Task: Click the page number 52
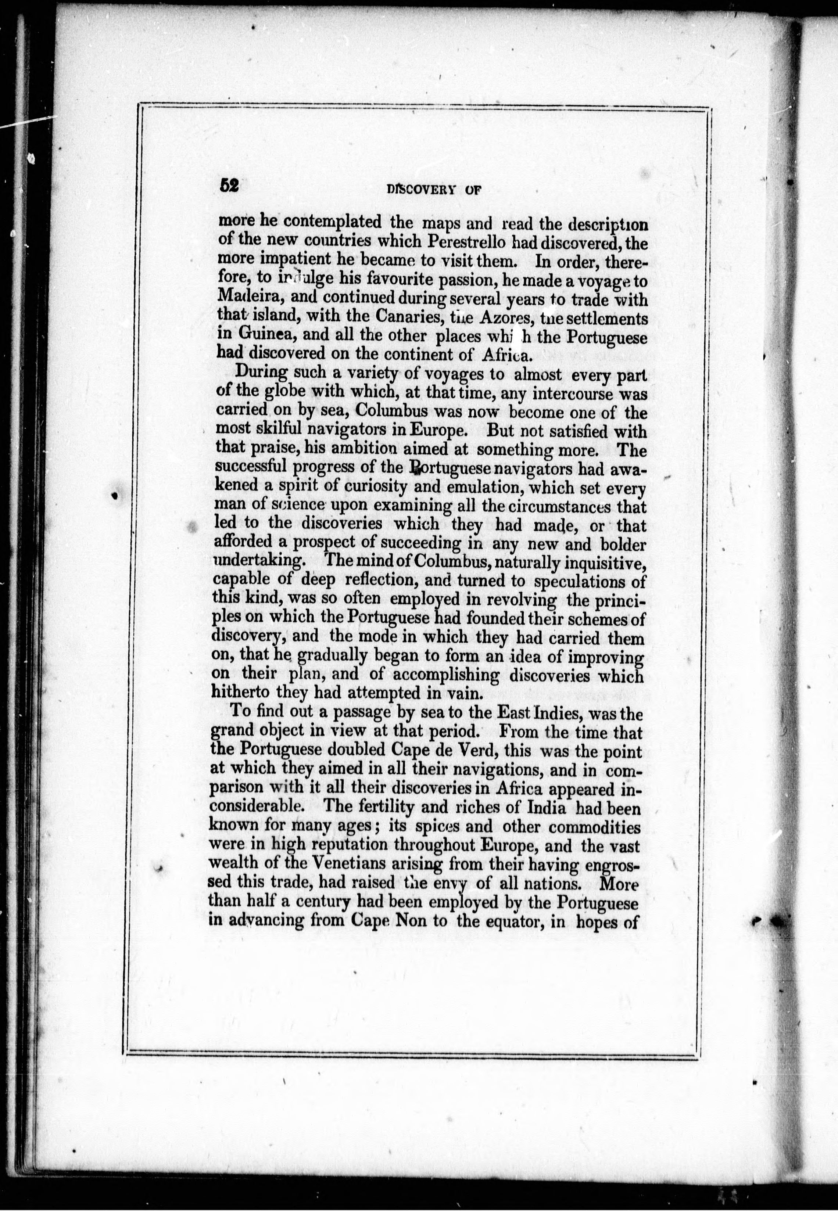pyautogui.click(x=229, y=186)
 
